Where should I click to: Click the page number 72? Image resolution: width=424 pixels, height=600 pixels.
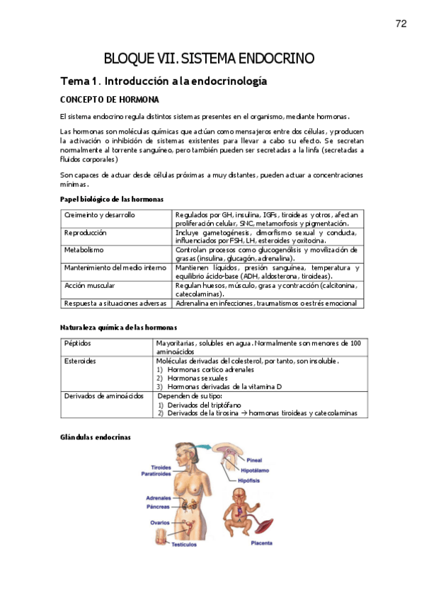401,23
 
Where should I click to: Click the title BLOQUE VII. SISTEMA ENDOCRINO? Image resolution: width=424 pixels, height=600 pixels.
210,58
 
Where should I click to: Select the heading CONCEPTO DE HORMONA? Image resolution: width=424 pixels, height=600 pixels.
109,99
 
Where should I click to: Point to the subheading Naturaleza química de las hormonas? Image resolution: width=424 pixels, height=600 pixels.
118,327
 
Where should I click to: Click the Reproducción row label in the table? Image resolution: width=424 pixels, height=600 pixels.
86,232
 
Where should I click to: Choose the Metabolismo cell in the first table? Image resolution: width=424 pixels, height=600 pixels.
84,250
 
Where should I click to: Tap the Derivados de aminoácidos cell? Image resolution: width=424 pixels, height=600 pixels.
103,396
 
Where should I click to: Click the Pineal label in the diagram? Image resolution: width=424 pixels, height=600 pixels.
254,459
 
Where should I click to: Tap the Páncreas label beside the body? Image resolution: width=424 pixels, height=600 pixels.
157,507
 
